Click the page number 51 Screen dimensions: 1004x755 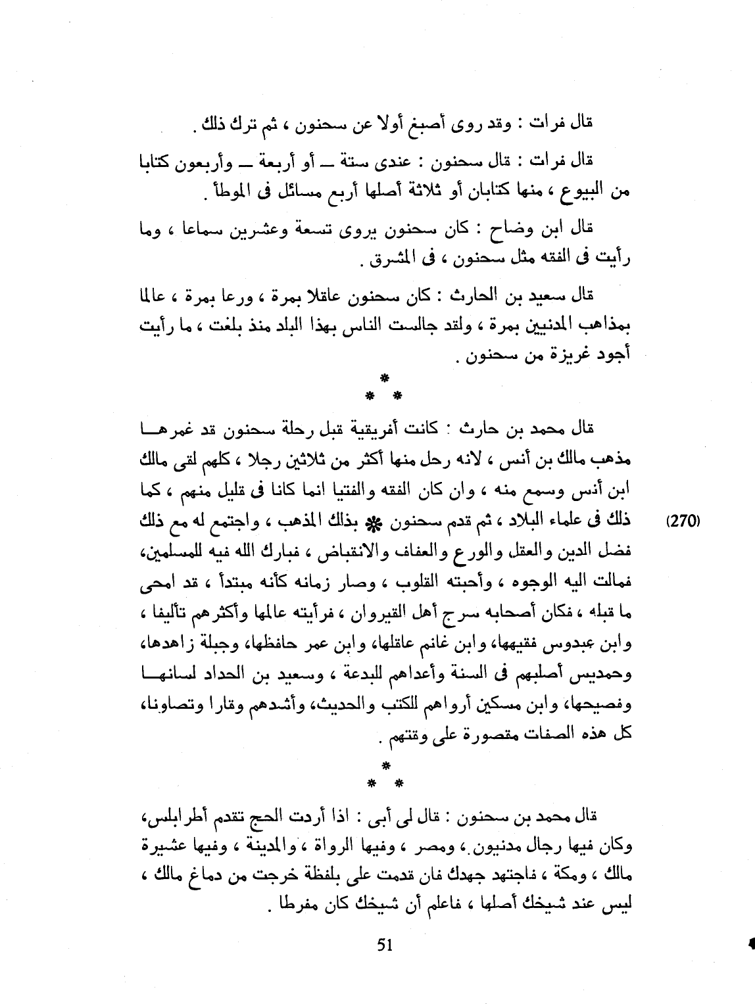coord(385,945)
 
